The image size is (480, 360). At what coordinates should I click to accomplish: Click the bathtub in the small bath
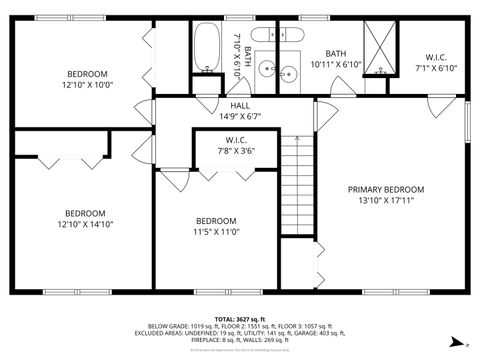(206, 47)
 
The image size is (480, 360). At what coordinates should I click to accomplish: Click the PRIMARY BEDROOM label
(386, 189)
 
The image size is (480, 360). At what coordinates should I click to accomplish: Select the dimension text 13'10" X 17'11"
(386, 200)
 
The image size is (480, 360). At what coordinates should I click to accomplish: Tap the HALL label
(240, 105)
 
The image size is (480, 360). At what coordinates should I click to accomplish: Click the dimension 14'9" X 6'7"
(240, 116)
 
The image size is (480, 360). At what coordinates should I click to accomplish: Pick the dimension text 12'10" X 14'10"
(85, 224)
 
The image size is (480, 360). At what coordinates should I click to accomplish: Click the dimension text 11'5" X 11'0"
(216, 231)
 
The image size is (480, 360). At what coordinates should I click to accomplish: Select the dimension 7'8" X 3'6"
(236, 151)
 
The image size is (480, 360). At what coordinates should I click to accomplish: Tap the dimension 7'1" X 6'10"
(436, 68)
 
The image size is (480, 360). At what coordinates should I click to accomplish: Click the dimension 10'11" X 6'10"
(335, 64)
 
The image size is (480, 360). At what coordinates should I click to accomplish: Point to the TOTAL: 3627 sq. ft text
(239, 318)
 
